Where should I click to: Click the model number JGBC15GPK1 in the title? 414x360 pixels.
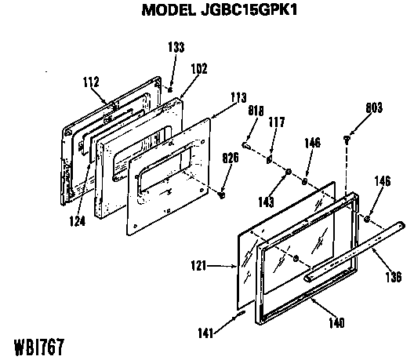249,10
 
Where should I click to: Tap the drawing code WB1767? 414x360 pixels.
39,347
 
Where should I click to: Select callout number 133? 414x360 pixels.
176,47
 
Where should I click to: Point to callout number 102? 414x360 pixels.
199,68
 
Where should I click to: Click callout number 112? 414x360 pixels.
91,82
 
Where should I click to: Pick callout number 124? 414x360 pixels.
78,221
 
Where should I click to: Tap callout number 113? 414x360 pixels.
238,97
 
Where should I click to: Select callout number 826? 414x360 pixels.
231,158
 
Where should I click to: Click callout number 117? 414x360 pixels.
277,122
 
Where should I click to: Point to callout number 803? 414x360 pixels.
374,107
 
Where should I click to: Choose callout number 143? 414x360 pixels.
266,202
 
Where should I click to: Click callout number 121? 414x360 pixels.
198,265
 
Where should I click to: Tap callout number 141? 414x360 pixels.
205,333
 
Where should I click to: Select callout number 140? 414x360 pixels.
336,322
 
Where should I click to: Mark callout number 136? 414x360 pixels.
394,277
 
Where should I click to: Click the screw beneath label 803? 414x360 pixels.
347,140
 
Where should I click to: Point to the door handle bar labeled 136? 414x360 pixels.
354,252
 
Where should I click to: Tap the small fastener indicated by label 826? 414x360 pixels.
222,195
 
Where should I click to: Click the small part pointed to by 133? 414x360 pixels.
170,89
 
